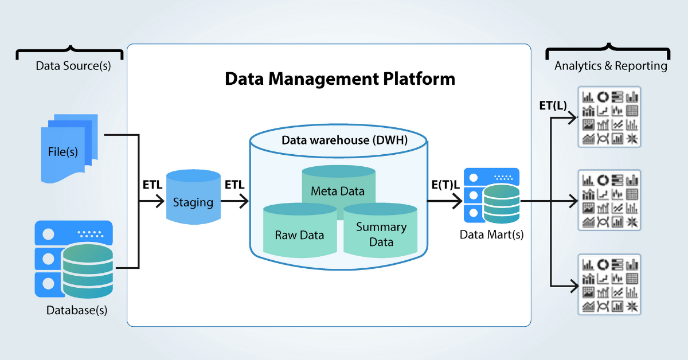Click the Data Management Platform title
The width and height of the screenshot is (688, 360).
click(x=339, y=79)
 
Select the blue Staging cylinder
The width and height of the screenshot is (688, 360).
click(x=193, y=197)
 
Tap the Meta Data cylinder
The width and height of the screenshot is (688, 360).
click(x=338, y=185)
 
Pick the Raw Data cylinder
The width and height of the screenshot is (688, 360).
click(x=300, y=230)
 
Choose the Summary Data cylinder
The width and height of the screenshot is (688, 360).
click(x=380, y=230)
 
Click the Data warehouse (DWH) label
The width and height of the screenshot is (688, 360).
click(x=345, y=140)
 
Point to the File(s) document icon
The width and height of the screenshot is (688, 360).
click(x=69, y=148)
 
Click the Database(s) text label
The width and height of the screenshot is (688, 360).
click(x=77, y=310)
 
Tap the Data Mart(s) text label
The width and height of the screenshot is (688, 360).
click(x=491, y=234)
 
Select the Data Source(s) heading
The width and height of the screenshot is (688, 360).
click(x=73, y=66)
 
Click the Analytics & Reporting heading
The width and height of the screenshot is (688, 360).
click(x=611, y=66)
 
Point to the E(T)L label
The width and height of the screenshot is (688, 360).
click(x=445, y=185)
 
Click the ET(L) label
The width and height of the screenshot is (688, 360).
click(x=553, y=105)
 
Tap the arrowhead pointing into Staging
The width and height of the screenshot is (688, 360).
click(x=160, y=201)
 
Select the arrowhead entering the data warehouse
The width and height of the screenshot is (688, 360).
click(x=244, y=201)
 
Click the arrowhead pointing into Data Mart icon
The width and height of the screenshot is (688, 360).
click(x=458, y=201)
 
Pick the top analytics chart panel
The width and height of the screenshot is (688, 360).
click(x=609, y=117)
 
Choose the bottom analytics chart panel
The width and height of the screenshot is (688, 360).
click(x=609, y=284)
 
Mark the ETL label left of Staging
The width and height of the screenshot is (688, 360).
click(x=153, y=185)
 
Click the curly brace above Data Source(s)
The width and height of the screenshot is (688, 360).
click(x=70, y=52)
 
